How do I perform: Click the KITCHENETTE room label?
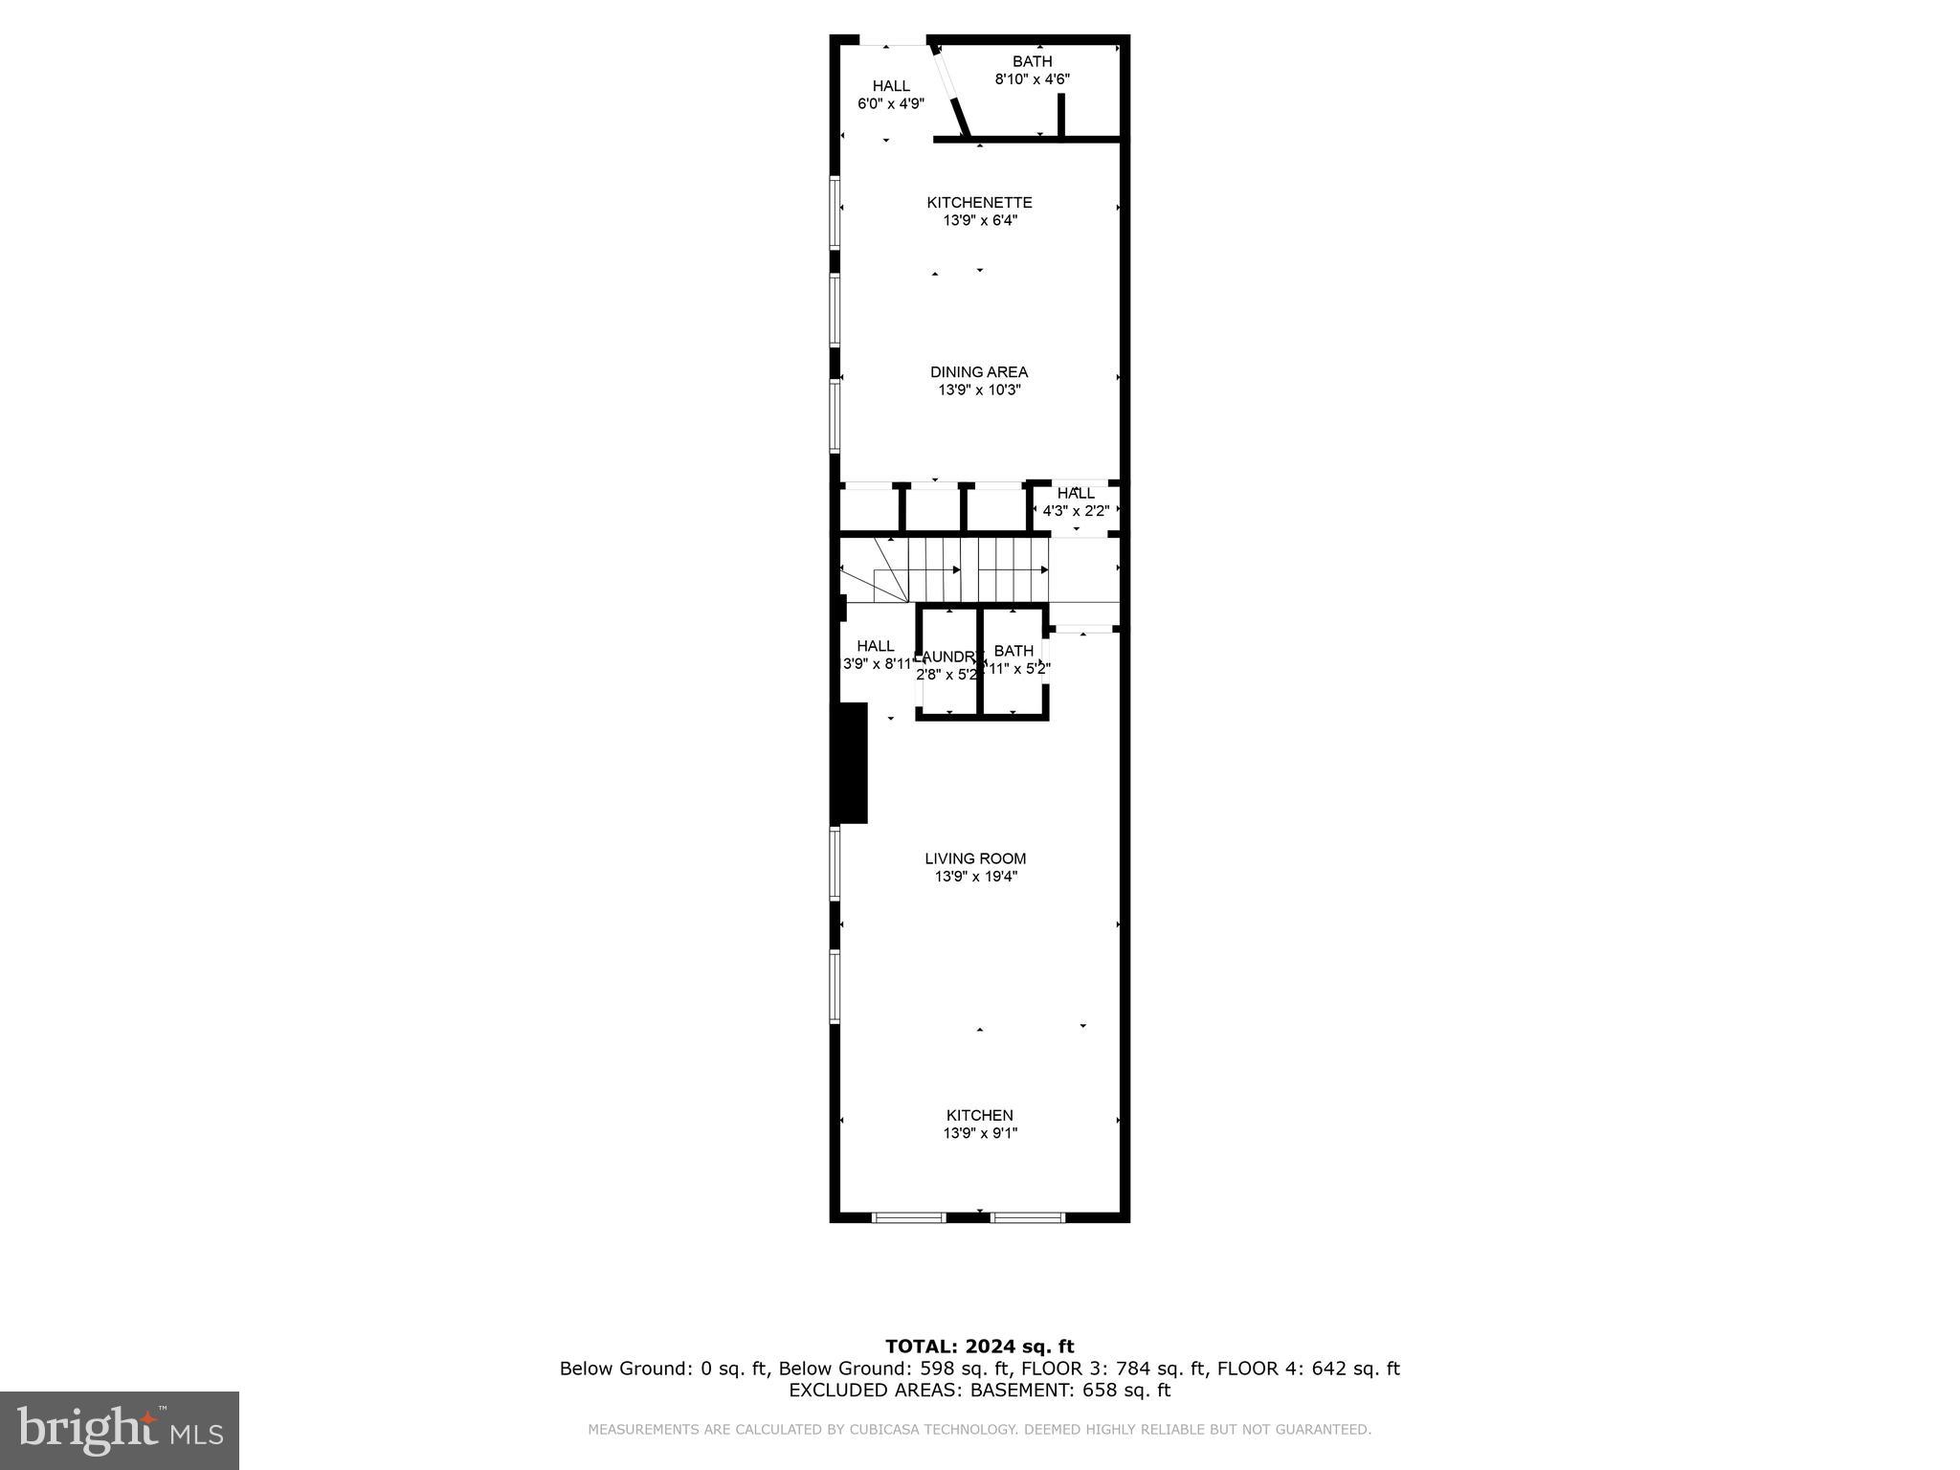(x=979, y=203)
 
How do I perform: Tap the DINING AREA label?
(x=979, y=372)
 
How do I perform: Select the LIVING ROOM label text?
(x=975, y=858)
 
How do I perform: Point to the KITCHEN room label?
(x=979, y=1115)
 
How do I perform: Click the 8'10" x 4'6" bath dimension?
(x=1032, y=79)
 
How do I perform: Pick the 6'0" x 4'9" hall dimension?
(x=890, y=103)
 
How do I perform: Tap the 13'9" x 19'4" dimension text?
(x=975, y=877)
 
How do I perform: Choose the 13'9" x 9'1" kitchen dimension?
(x=979, y=1133)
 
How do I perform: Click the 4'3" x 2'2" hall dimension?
(x=1076, y=511)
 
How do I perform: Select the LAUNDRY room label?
(x=947, y=657)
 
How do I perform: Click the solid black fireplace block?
(x=849, y=763)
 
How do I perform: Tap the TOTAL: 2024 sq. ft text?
(x=979, y=1347)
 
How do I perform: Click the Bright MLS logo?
(x=120, y=1430)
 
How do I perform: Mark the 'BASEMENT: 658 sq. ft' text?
(x=1070, y=1391)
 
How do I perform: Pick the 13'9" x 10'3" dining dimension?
(x=979, y=390)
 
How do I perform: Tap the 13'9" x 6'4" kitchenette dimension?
(x=979, y=221)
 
